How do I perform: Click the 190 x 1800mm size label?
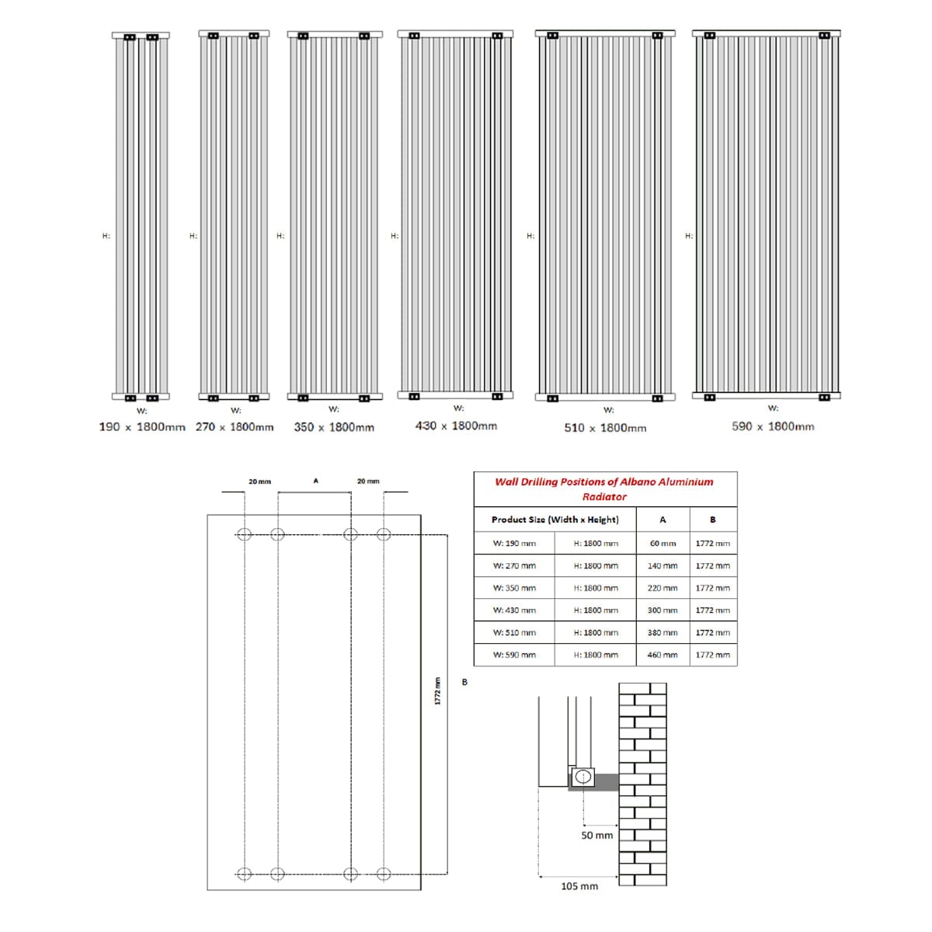coord(142,427)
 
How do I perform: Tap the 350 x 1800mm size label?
coord(334,427)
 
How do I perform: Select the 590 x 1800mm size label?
coord(773,426)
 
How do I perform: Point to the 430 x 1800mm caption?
coord(456,426)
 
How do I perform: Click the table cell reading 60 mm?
coord(662,544)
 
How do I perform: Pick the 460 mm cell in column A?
coord(662,655)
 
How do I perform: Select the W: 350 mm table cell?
coord(514,588)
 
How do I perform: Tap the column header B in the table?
coord(712,520)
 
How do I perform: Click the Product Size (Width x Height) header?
coord(555,520)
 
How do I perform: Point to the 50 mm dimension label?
coord(596,835)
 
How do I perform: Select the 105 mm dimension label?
coord(579,886)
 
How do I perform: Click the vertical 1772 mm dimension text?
coord(437,691)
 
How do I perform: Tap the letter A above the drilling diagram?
coord(315,482)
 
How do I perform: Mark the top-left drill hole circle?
coord(244,534)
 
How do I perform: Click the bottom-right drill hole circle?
coord(383,874)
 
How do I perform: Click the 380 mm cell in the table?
coord(662,632)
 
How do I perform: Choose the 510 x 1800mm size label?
coord(605,428)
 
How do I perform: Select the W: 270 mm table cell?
coord(514,566)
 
